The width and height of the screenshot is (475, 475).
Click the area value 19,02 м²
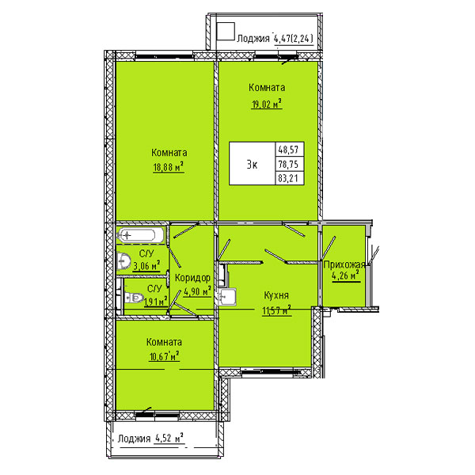267,104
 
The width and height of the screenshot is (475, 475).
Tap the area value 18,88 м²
169,167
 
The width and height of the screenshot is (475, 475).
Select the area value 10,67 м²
165,356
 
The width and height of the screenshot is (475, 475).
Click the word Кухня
276,295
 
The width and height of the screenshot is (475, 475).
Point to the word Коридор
192,278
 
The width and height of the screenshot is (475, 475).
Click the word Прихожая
344,264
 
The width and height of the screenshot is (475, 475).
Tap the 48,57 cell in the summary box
289,150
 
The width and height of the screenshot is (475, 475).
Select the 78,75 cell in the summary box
289,164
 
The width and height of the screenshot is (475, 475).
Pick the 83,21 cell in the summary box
289,178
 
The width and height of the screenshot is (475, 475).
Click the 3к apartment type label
252,165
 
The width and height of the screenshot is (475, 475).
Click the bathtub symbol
140,235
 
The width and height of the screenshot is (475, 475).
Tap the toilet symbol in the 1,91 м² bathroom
134,298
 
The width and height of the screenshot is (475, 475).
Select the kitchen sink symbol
228,297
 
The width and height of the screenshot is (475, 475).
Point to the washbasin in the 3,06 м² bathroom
123,261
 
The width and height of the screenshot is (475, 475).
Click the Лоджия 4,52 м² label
151,439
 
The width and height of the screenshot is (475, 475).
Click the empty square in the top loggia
226,31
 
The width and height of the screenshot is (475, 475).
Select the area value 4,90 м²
198,291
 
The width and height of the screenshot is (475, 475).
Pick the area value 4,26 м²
346,276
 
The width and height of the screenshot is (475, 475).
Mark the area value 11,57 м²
277,310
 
